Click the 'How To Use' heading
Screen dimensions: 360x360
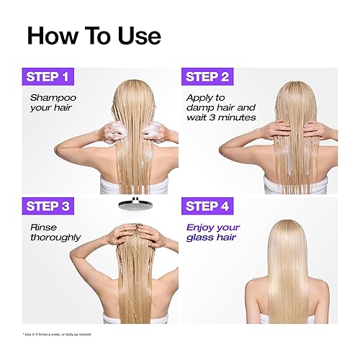pos(94,34)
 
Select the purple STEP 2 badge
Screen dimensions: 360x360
pos(207,76)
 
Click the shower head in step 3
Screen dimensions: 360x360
pos(137,207)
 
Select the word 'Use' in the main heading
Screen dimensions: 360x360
pos(135,34)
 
